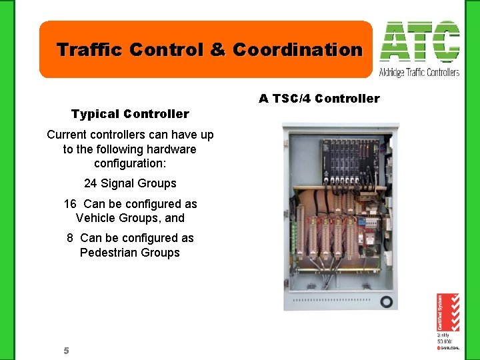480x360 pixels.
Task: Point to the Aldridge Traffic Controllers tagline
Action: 419,72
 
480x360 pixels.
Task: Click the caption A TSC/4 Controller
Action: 319,99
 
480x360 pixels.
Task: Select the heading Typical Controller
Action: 130,114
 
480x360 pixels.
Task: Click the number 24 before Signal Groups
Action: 91,183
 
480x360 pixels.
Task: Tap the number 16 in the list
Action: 70,204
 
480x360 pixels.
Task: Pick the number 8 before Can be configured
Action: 70,238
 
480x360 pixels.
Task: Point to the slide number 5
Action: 66,351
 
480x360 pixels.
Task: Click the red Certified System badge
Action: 447,313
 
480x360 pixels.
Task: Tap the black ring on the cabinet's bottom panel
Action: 386,301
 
